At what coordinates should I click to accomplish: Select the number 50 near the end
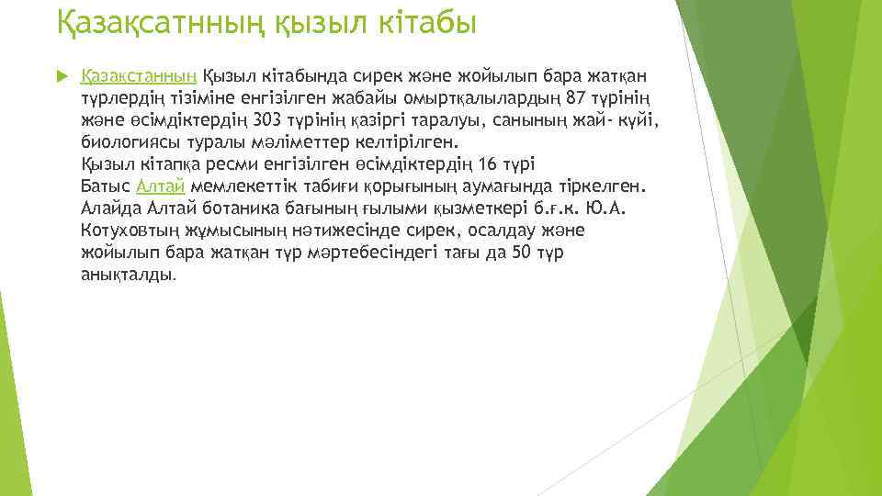pos(521,253)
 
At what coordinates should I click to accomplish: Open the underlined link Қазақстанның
pos(139,77)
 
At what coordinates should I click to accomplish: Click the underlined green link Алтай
pos(161,187)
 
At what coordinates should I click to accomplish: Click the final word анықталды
pos(127,275)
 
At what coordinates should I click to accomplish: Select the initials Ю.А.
pos(609,209)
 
